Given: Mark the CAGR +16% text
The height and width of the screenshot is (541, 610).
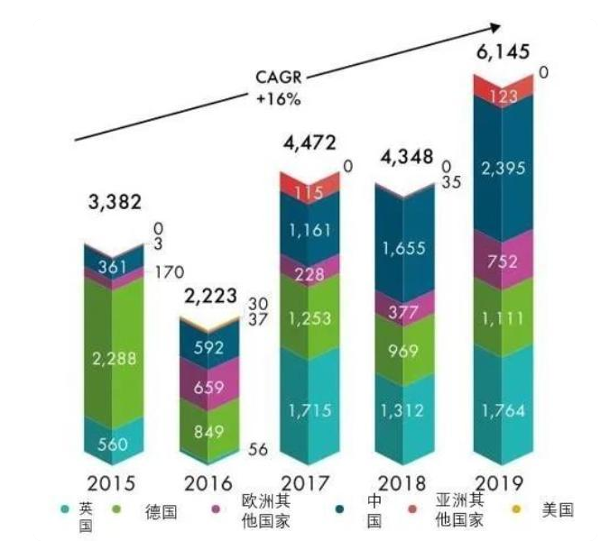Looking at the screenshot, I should pyautogui.click(x=280, y=88).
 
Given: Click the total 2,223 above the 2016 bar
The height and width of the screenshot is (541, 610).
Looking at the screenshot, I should pyautogui.click(x=209, y=296).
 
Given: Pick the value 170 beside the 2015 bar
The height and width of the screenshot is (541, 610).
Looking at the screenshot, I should pyautogui.click(x=168, y=268).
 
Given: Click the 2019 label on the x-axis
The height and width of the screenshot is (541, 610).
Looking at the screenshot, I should pyautogui.click(x=503, y=481).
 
